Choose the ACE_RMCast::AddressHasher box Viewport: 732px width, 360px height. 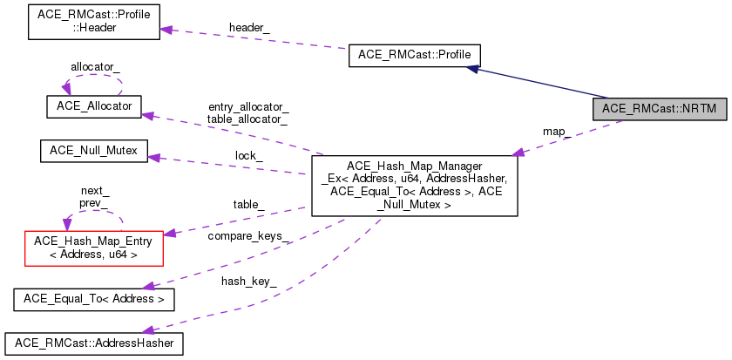click(x=93, y=343)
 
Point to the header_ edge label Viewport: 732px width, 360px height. click(x=249, y=28)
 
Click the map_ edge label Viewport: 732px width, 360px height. click(x=556, y=132)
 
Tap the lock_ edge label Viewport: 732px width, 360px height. click(x=250, y=155)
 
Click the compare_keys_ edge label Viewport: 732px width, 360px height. click(x=249, y=236)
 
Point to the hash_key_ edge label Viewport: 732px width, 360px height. click(x=249, y=281)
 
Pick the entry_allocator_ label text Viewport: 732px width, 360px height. click(x=247, y=106)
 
